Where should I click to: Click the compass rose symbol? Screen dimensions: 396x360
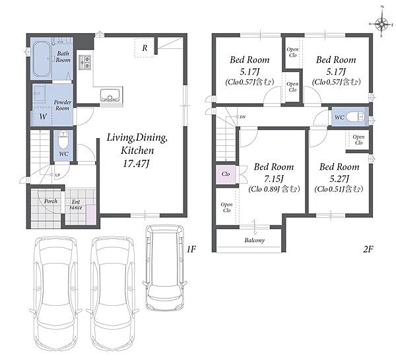(381, 24)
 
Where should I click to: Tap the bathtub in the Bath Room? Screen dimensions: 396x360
(41, 59)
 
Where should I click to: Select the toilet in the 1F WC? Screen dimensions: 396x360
(63, 141)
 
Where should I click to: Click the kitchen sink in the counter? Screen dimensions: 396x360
(110, 95)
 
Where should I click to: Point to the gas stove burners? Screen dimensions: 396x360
(85, 63)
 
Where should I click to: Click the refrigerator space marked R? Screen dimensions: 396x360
(145, 48)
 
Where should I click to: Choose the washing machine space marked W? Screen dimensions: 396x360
(43, 116)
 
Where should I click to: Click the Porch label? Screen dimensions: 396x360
(51, 201)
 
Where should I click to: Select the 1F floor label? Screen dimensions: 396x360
(191, 249)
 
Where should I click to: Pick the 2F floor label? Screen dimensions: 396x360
(368, 249)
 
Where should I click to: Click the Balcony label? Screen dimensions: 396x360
(254, 240)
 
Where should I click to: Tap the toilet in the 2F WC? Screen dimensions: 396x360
(355, 117)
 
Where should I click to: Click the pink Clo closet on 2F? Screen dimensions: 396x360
(226, 174)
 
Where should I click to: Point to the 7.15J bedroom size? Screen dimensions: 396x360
(274, 179)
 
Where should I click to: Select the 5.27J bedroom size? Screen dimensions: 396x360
(339, 179)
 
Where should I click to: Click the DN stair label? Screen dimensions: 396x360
(242, 117)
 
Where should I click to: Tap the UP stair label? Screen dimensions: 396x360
(57, 175)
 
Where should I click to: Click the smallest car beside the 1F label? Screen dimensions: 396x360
(165, 268)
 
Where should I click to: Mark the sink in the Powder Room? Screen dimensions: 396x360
(40, 93)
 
